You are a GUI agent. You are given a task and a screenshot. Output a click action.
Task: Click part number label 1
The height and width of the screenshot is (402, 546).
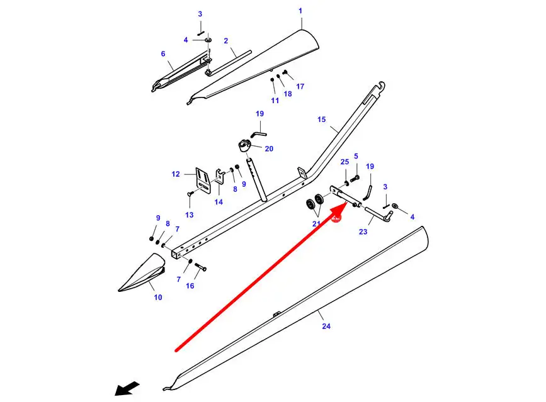[x=300, y=11]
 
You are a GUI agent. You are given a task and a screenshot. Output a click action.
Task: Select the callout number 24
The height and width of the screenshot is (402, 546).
[x=326, y=327]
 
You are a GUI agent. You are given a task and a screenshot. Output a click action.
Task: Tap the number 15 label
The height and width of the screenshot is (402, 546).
[x=322, y=120]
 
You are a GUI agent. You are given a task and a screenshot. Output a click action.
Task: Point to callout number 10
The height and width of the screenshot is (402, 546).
[x=157, y=297]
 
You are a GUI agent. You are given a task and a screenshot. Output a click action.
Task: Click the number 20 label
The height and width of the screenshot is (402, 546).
[x=269, y=148]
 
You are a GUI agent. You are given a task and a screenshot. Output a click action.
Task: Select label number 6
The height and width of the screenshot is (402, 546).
[x=162, y=54]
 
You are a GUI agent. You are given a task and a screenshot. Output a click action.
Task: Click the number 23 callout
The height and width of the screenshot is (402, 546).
[x=363, y=232]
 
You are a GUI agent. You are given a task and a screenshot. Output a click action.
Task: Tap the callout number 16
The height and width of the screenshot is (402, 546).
[x=190, y=286]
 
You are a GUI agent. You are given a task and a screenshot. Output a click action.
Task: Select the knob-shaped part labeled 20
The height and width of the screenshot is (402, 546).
[x=246, y=147]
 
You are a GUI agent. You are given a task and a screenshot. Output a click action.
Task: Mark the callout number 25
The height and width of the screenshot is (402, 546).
[x=344, y=162]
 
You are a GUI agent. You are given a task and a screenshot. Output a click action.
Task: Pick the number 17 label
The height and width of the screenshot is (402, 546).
[x=300, y=86]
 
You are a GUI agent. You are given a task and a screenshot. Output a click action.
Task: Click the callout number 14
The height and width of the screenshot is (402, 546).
[x=219, y=202]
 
